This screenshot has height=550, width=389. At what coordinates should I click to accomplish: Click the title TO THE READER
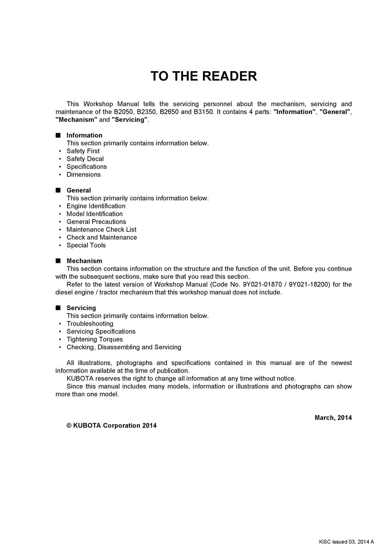(204, 76)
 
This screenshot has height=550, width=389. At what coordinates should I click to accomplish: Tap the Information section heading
(84, 135)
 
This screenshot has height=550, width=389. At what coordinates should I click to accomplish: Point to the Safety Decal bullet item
(85, 159)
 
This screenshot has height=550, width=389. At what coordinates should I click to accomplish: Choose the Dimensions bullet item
(84, 175)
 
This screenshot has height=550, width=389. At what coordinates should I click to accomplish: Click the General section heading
(79, 190)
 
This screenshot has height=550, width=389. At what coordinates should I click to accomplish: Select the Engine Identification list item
(96, 206)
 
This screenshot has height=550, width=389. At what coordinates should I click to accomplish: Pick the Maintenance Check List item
(101, 230)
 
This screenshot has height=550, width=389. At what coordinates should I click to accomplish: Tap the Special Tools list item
(86, 245)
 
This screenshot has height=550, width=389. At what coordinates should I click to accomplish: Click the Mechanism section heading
(84, 261)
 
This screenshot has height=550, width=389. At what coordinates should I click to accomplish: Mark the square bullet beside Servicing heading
(58, 308)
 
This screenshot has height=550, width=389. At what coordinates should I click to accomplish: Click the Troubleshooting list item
(90, 324)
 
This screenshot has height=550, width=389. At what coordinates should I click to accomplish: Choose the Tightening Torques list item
(95, 340)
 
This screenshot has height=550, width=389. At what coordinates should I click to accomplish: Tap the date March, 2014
(333, 418)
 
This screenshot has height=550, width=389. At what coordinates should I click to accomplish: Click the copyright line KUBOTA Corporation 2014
(111, 426)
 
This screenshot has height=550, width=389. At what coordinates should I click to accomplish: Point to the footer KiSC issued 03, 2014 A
(346, 542)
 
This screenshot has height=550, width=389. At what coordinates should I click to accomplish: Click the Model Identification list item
(95, 214)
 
